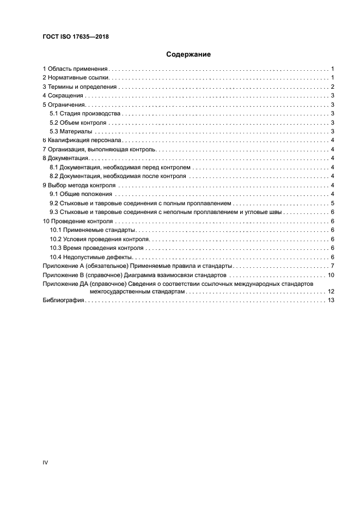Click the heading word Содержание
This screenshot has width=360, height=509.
(x=188, y=54)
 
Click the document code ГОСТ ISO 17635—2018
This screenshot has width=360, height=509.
(x=77, y=36)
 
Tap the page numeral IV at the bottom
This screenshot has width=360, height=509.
(x=45, y=462)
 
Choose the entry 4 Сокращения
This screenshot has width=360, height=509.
(x=63, y=96)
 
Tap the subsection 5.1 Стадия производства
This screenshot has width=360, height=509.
(x=84, y=114)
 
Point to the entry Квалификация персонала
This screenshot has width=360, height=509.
(x=81, y=140)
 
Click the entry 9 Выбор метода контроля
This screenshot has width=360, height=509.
(x=79, y=185)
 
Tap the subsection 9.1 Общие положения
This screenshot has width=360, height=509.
(x=81, y=194)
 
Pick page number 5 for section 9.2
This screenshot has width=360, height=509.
(x=332, y=203)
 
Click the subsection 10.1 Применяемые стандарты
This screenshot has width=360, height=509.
(x=92, y=230)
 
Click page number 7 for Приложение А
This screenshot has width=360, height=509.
(x=332, y=266)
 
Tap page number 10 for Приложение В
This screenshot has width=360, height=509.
(x=330, y=275)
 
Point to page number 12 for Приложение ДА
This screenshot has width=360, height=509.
(x=330, y=292)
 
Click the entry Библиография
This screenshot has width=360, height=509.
(x=63, y=302)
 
